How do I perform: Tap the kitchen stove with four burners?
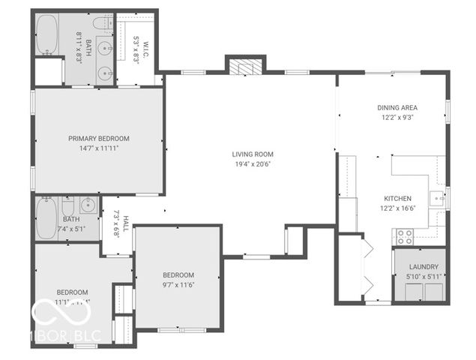tap(404, 236)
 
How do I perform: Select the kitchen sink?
tap(437, 198)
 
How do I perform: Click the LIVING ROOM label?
tap(250, 154)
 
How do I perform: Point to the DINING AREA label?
tap(397, 107)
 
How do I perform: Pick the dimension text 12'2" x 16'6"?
tap(397, 208)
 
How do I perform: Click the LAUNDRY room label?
tap(423, 267)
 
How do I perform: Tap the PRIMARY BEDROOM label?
tap(98, 138)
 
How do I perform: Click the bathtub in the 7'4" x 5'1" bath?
tap(46, 218)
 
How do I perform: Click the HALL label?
tap(126, 223)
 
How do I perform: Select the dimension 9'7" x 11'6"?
tap(178, 285)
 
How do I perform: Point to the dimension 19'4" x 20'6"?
tap(250, 163)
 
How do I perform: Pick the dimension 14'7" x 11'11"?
tap(98, 148)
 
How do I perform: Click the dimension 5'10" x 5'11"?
tap(423, 277)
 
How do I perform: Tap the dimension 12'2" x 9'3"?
tap(397, 117)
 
